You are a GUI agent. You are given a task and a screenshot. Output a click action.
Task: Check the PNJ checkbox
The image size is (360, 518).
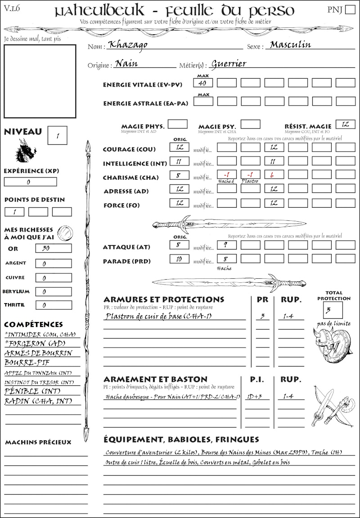point(349,10)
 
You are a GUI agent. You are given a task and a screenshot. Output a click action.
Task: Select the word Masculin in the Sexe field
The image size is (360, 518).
point(290,45)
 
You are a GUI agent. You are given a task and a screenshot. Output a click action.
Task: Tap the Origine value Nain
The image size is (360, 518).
point(126,64)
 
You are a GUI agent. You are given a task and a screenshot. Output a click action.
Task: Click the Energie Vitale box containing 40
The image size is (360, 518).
point(203,83)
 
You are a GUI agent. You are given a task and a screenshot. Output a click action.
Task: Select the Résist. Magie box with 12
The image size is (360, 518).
point(345,125)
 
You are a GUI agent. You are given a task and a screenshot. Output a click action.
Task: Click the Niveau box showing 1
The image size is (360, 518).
point(58,135)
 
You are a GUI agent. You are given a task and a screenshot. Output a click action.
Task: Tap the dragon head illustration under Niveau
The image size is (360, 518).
point(25,151)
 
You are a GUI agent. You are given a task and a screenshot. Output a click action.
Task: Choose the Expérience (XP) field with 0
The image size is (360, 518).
point(30,182)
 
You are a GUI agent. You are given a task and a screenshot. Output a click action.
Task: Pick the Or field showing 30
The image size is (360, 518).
point(53,248)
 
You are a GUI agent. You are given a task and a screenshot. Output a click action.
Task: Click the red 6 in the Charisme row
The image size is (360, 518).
point(274,175)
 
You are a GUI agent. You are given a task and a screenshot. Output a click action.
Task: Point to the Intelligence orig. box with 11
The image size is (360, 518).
point(179,161)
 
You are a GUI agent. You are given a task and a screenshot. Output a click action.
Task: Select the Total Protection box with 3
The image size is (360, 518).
point(333,310)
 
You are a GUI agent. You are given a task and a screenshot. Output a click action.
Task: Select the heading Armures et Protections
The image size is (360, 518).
point(164,299)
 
